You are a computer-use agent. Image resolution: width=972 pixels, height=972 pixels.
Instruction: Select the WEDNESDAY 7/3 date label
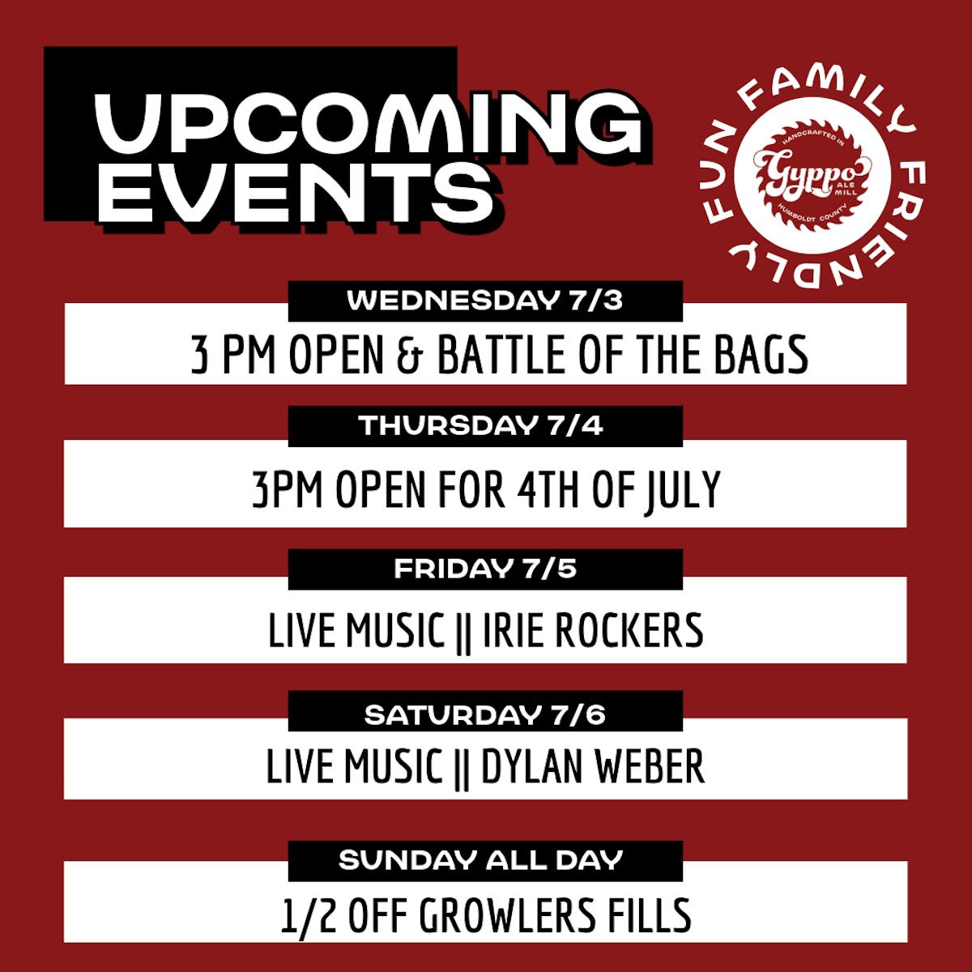484,301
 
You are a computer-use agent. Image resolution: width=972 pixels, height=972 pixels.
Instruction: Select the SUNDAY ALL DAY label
480,860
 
